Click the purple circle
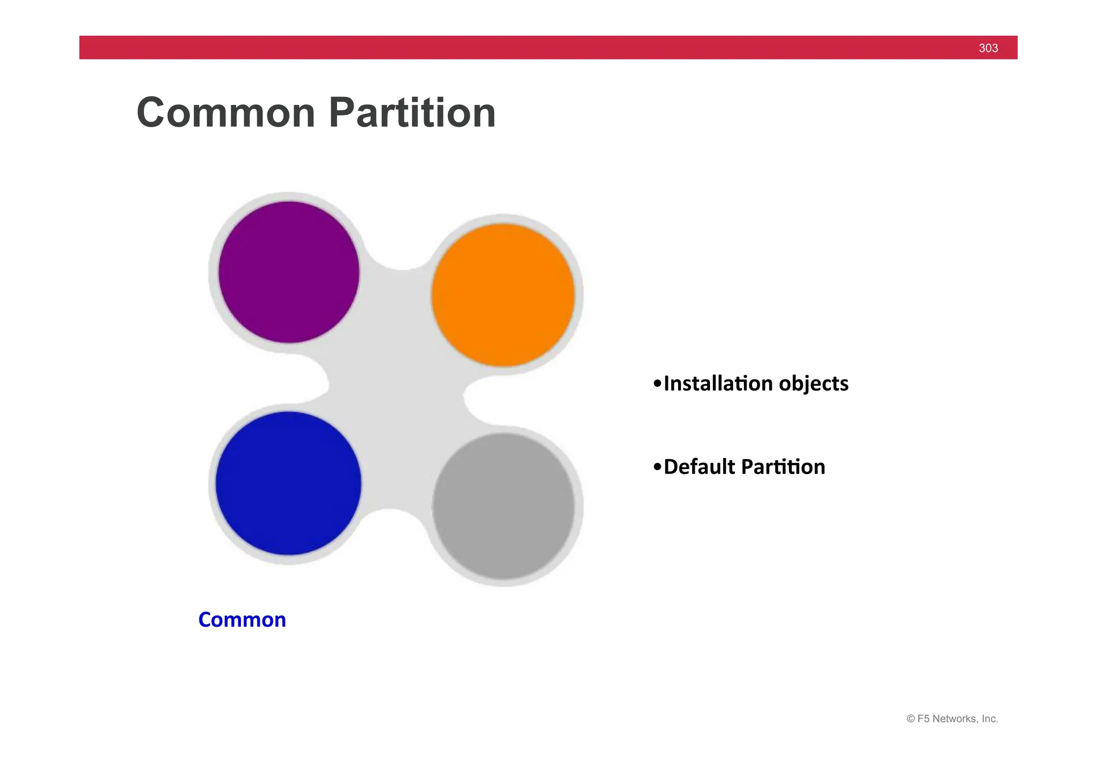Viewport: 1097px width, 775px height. point(289,272)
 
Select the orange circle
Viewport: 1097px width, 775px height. point(503,295)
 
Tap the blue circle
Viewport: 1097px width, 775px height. point(288,483)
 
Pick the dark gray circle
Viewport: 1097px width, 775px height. point(503,506)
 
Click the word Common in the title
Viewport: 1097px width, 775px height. point(226,113)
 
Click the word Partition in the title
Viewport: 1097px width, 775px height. point(412,113)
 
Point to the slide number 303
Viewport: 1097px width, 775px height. point(988,48)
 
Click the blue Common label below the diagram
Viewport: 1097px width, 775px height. point(242,620)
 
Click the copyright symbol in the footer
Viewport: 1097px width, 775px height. point(911,719)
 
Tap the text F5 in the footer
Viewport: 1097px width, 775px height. point(923,719)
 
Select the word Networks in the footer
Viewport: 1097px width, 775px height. point(955,719)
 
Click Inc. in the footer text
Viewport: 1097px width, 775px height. point(990,719)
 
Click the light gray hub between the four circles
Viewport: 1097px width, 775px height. point(396,391)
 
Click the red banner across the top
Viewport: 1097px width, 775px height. point(536,48)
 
